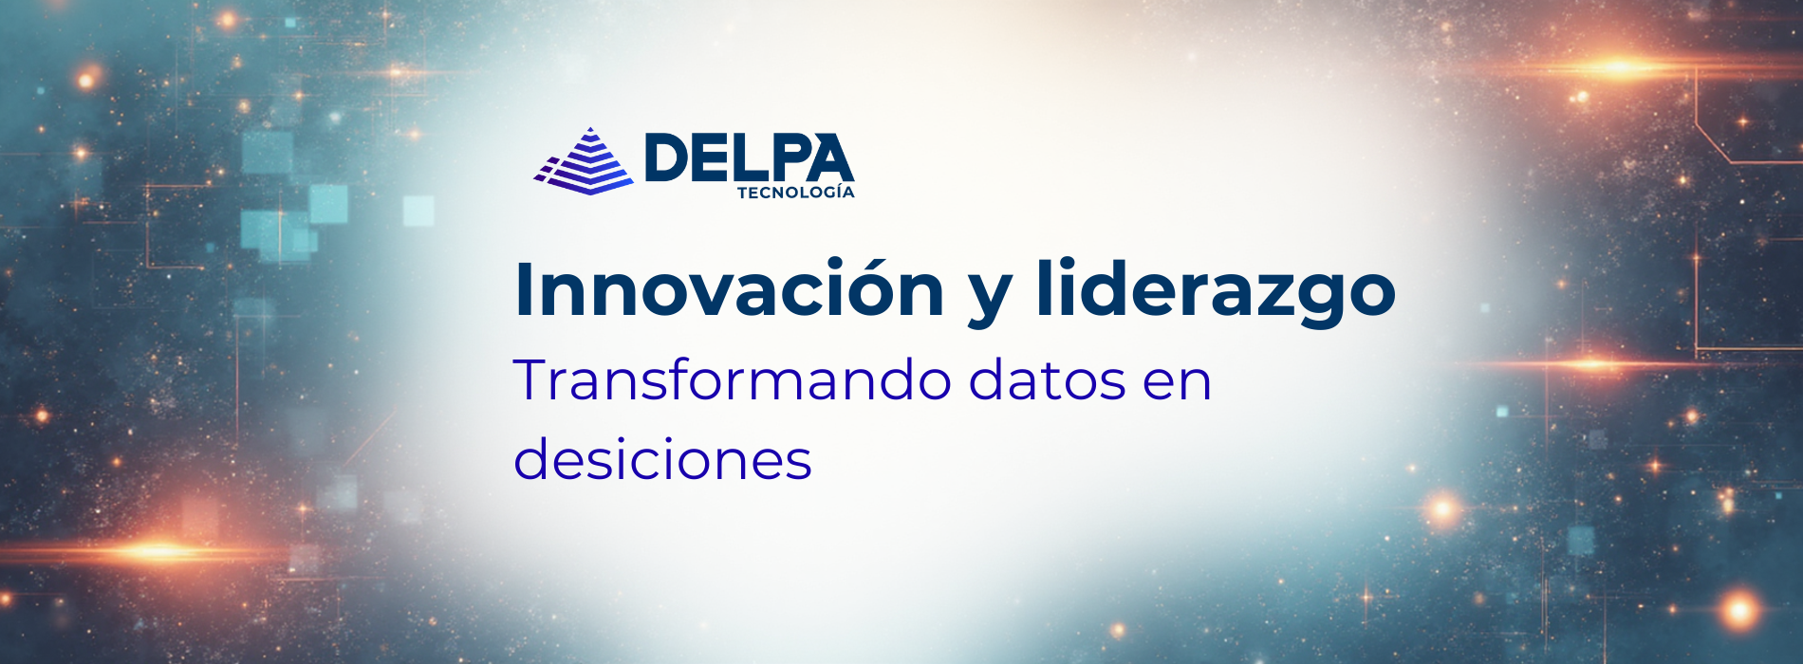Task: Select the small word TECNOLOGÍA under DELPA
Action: coord(795,193)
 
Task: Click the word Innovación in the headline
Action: coord(729,288)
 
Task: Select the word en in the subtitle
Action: coord(1178,386)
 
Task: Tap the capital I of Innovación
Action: coord(522,288)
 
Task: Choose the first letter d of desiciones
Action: coord(531,459)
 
